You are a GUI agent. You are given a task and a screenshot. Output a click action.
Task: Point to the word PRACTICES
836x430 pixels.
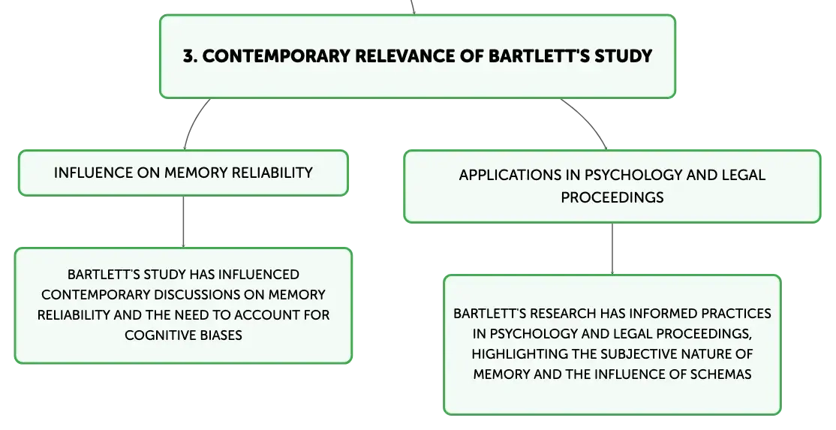tap(735, 314)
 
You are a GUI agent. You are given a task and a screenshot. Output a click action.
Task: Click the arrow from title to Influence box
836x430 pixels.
tap(193, 122)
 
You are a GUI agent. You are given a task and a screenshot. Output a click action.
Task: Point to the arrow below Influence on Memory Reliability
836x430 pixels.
tap(183, 221)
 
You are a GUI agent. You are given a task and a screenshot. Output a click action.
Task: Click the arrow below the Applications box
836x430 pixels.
tap(612, 249)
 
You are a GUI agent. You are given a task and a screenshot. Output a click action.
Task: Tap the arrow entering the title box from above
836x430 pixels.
tap(413, 7)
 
